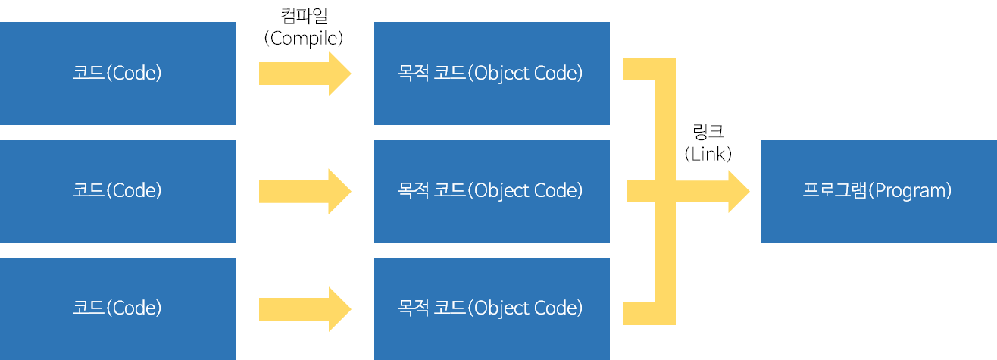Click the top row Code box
click(x=117, y=74)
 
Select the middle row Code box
click(x=117, y=191)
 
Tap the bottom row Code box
click(x=117, y=308)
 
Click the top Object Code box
click(x=492, y=74)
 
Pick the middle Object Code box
click(x=492, y=191)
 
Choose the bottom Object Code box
click(x=492, y=308)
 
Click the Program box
click(x=878, y=191)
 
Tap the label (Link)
click(x=708, y=154)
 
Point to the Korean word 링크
click(x=708, y=132)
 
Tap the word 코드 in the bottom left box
click(x=89, y=308)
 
